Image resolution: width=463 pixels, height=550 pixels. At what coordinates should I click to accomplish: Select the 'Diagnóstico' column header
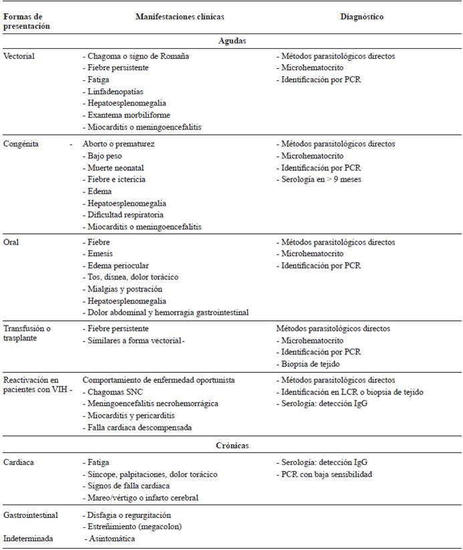pyautogui.click(x=361, y=16)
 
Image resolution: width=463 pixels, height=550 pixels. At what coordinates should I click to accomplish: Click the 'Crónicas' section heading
pyautogui.click(x=232, y=444)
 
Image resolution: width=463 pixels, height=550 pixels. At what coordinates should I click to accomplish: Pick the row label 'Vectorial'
pyautogui.click(x=19, y=56)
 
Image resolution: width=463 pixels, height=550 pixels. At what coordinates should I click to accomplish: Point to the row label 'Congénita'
pyautogui.click(x=21, y=144)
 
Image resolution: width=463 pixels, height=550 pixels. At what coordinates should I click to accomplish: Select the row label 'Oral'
pyautogui.click(x=11, y=242)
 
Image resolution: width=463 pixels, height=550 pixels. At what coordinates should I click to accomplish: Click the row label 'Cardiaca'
pyautogui.click(x=19, y=462)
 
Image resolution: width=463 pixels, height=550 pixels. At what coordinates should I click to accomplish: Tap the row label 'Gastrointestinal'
pyautogui.click(x=31, y=515)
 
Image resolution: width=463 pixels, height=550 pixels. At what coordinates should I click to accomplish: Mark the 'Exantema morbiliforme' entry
pyautogui.click(x=128, y=115)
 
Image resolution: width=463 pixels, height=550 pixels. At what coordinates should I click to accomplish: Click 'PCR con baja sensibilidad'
pyautogui.click(x=327, y=474)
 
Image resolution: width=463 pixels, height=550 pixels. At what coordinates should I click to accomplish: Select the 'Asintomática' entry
pyautogui.click(x=112, y=538)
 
